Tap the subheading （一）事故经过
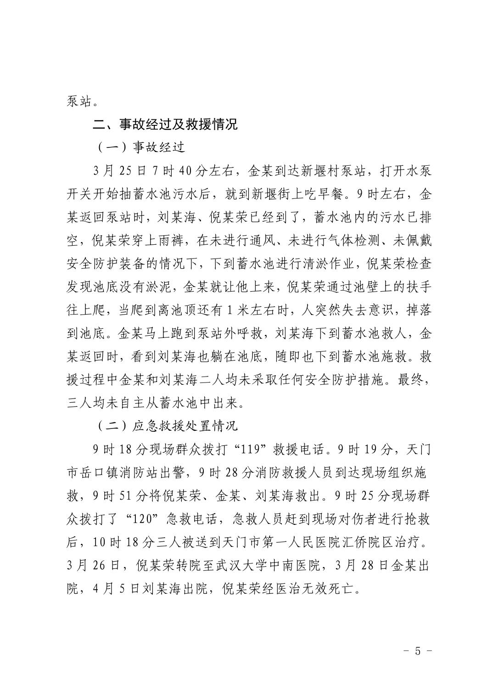point(141,147)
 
